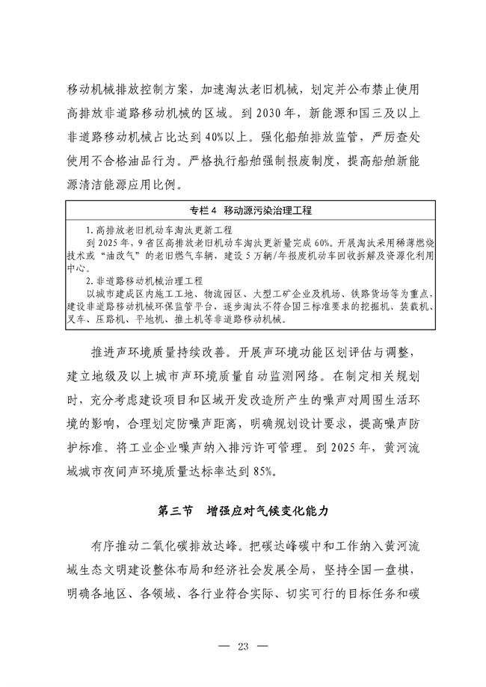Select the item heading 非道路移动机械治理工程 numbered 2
150,281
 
